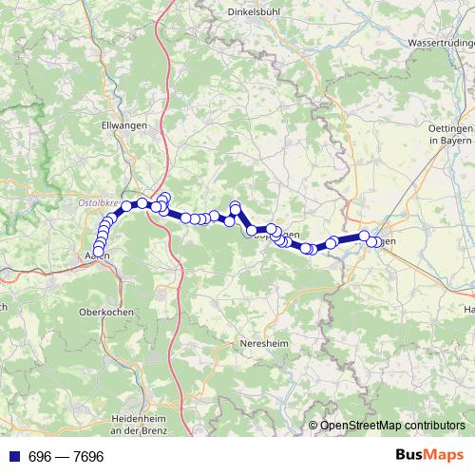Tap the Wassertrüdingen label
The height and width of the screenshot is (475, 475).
click(x=438, y=44)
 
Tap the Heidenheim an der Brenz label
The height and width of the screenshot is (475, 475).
click(x=140, y=424)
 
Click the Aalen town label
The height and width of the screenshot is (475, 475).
click(x=96, y=256)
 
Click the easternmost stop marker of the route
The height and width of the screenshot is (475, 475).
click(x=379, y=242)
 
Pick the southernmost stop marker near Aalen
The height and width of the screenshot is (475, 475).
click(x=98, y=252)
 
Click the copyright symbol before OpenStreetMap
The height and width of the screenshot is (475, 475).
click(x=313, y=426)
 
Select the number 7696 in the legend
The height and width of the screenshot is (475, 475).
click(x=86, y=457)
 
